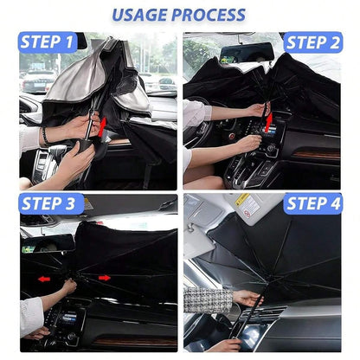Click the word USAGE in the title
pos(139,15)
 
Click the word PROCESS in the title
pos(209,15)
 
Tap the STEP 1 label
pos(48,42)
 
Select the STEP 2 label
pos(313,42)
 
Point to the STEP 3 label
pos(49,203)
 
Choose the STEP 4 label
pos(313,203)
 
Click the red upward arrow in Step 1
pos(102,127)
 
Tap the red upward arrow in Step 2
pos(269,122)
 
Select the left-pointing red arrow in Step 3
pos(44,279)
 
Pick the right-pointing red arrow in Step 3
pos(105,278)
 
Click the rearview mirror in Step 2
pos(246,53)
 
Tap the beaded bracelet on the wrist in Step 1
pos(45,136)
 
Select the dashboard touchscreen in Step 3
pos(69,318)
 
